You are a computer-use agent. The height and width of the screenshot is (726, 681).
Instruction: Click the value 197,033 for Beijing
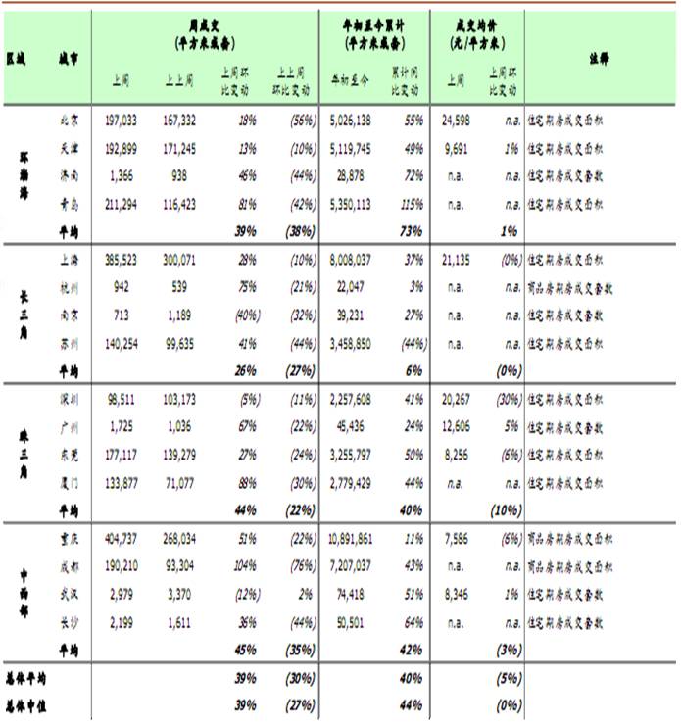pos(118,121)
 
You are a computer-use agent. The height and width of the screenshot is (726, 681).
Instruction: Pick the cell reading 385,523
pos(118,260)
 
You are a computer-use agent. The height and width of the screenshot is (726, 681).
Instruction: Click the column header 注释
pos(600,58)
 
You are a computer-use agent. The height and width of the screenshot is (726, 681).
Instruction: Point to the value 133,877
pos(118,482)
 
